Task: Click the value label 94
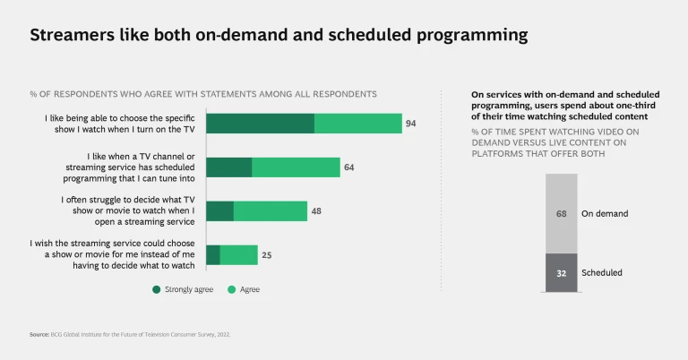[x=410, y=124]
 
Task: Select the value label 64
[x=349, y=167]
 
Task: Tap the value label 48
[x=316, y=211]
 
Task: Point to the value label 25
[x=266, y=255]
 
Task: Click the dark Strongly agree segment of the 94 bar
[x=260, y=124]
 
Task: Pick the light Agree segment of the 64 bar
[x=296, y=167]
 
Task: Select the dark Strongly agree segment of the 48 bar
[x=219, y=211]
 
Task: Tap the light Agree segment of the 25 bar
[x=238, y=255]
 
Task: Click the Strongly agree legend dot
[x=156, y=289]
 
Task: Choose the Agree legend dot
[x=231, y=289]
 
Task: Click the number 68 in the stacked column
[x=561, y=214]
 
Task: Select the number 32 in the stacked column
[x=561, y=273]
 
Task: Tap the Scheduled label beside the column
[x=602, y=273]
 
